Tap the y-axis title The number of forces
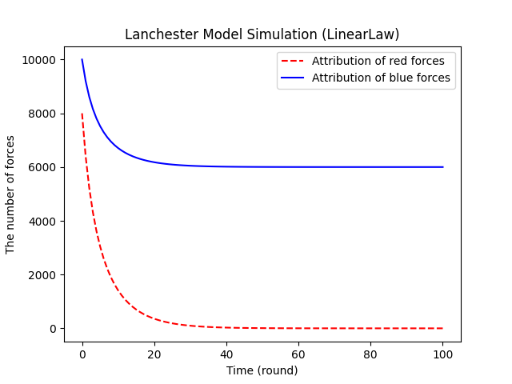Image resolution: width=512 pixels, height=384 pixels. tap(11, 194)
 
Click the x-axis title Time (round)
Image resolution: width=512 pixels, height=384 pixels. tap(262, 370)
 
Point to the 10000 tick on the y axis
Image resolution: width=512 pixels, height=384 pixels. tap(38, 60)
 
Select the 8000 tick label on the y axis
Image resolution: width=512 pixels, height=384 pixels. tap(42, 114)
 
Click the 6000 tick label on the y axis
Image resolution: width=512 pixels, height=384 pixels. tap(42, 167)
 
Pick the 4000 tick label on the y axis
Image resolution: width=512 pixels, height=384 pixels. tap(42, 221)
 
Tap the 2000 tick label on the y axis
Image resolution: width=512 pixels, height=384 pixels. tap(42, 275)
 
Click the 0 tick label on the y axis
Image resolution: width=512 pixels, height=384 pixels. tap(52, 329)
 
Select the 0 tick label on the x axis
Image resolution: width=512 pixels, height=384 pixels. tap(82, 354)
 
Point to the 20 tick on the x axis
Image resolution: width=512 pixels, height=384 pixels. tap(154, 354)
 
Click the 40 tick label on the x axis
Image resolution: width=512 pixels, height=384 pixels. tap(226, 354)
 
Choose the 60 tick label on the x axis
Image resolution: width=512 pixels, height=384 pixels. tap(298, 354)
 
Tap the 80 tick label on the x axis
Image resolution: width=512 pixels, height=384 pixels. tap(370, 354)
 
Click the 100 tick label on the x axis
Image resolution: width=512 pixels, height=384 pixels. tap(442, 354)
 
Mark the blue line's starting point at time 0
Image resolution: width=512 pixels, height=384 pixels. tap(82, 60)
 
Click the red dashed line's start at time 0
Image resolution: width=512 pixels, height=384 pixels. tap(82, 114)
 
